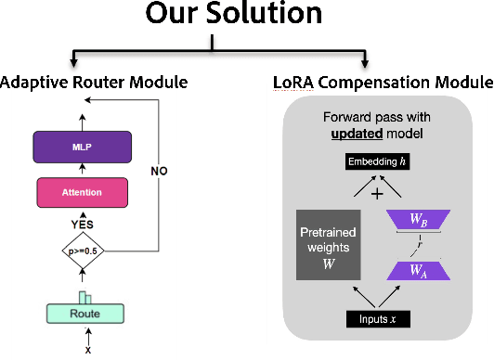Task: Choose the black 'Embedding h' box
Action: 377,162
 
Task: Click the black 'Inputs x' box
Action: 378,320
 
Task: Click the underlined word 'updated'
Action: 356,135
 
